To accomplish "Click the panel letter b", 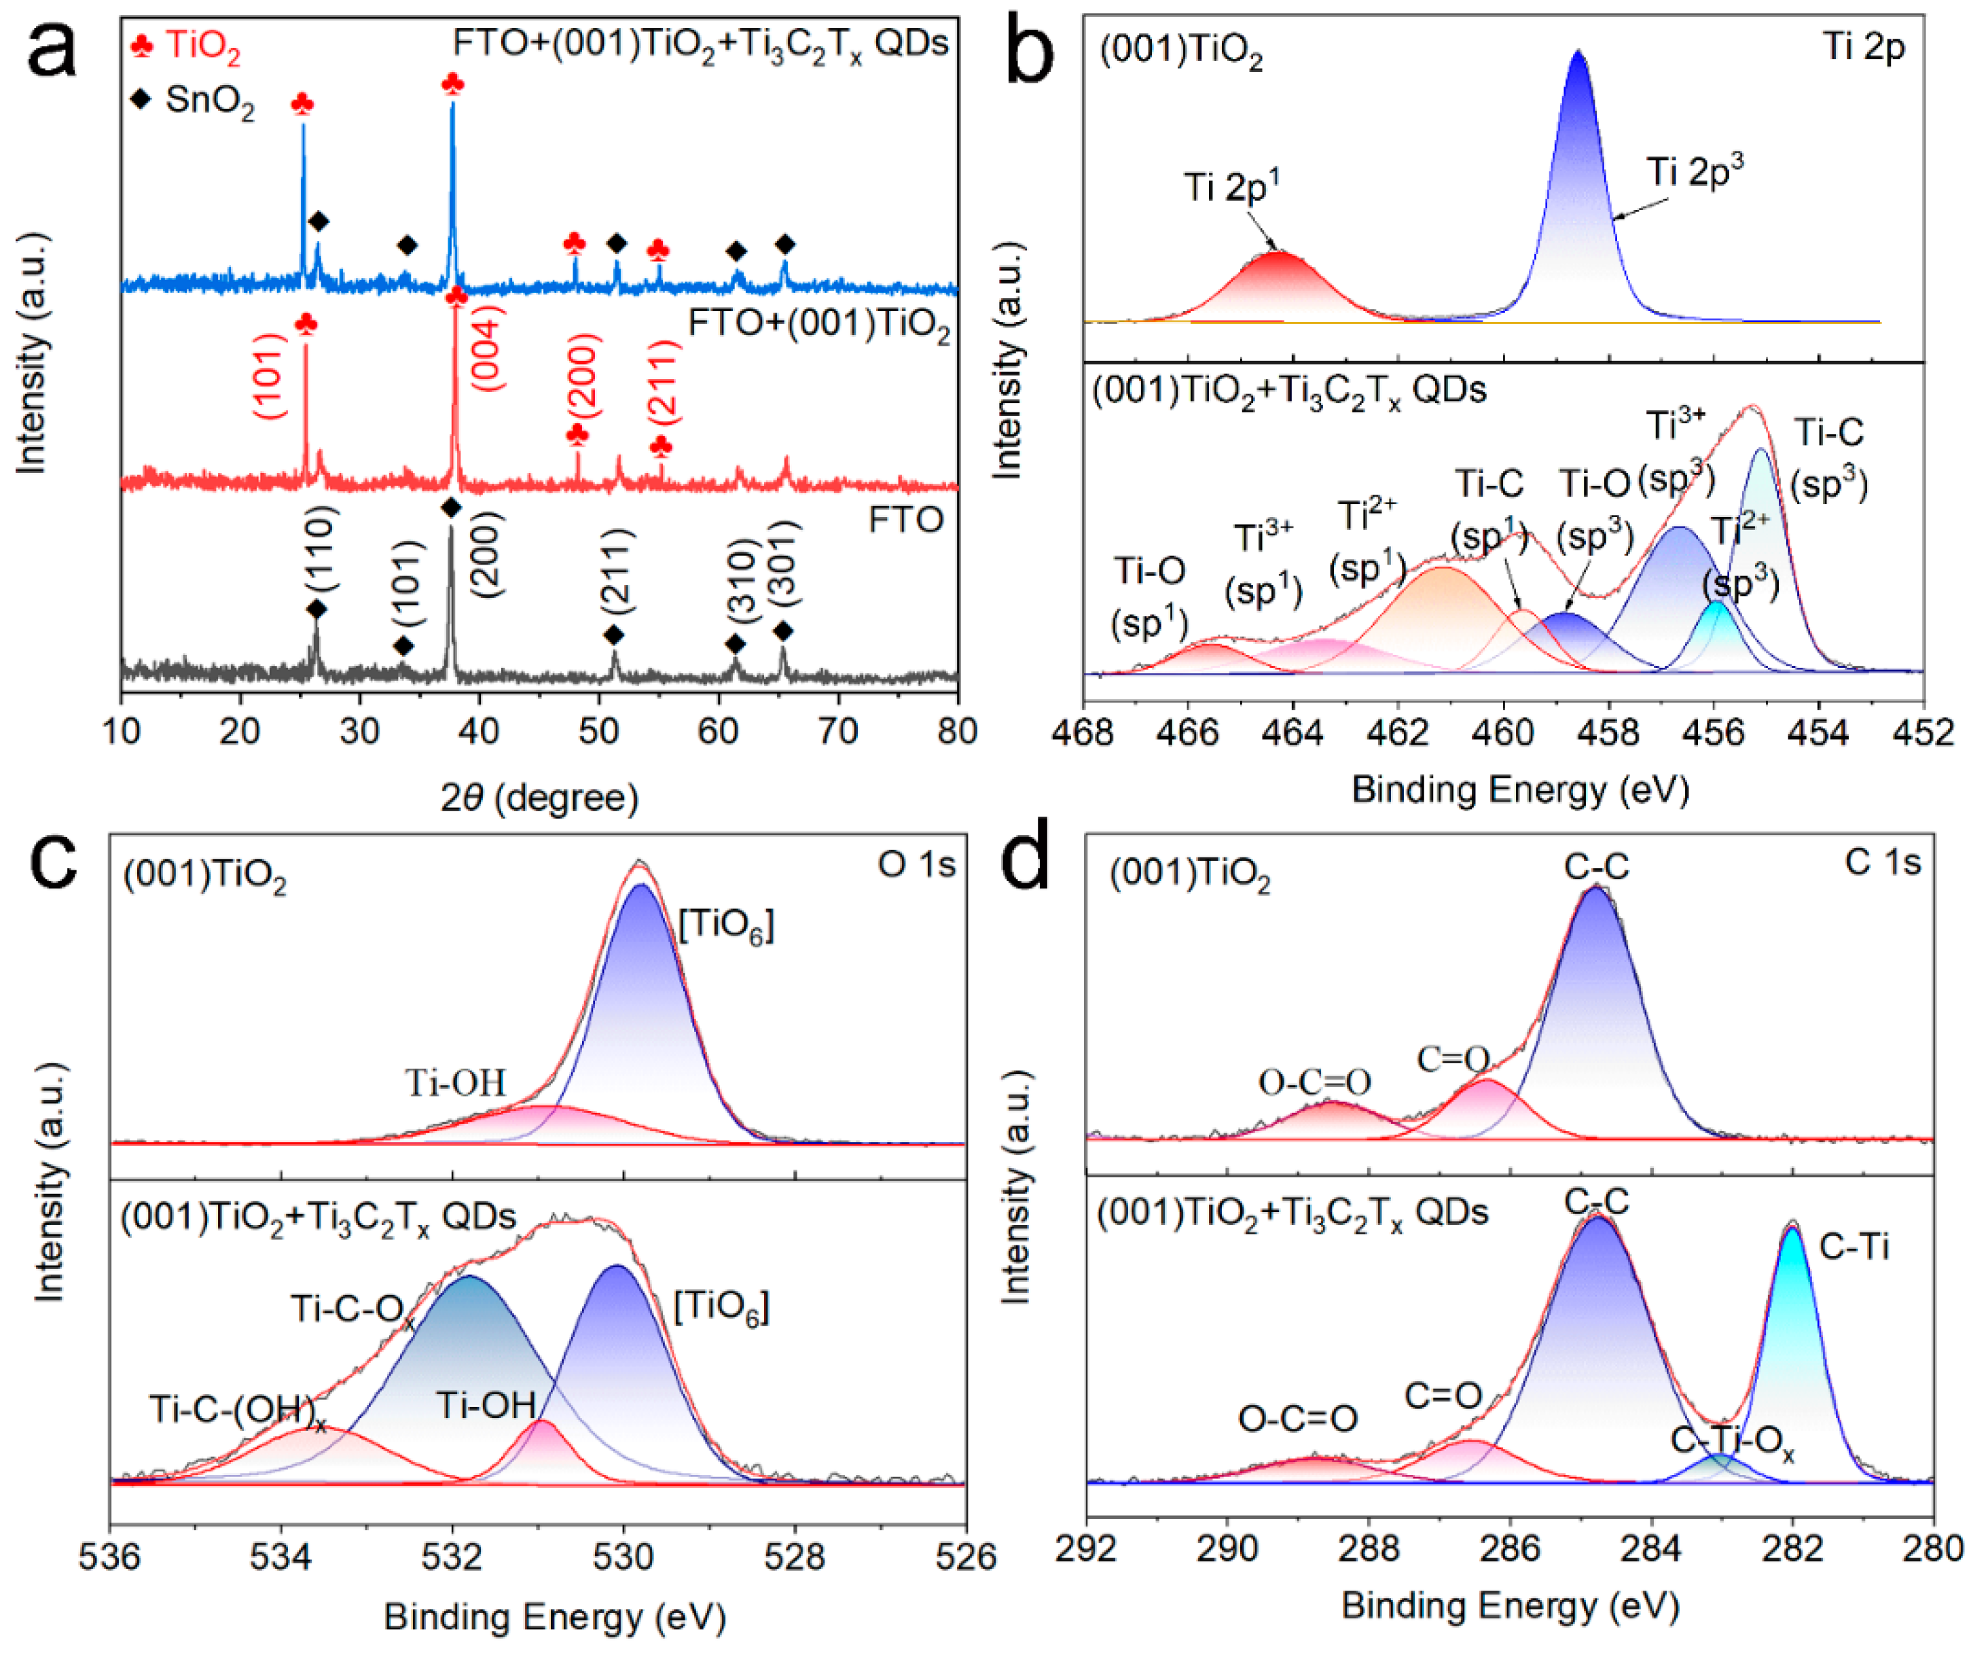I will coord(1030,52).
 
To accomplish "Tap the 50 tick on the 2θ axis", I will coord(599,730).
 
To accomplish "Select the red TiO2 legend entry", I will coord(187,45).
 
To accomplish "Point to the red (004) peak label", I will coord(488,347).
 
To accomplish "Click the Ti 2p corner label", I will coord(1863,47).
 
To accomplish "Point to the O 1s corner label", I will coord(916,864).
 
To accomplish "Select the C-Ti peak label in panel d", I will coord(1854,1247).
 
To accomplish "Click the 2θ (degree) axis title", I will coord(540,798).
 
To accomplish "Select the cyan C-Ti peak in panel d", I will coord(1792,1352).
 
